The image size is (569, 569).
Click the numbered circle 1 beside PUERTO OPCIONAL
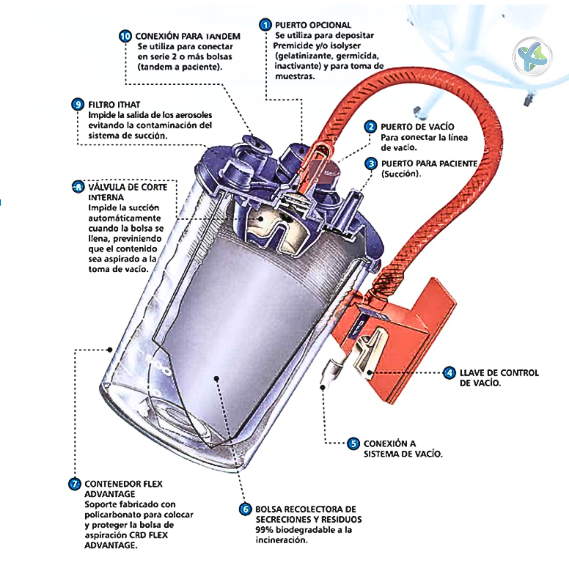[265, 25]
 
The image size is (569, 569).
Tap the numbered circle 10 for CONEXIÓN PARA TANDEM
[125, 36]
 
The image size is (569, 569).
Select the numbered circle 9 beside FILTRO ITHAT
[78, 104]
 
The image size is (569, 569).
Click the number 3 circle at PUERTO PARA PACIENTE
[371, 163]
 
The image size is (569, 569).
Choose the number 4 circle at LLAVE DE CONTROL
[449, 373]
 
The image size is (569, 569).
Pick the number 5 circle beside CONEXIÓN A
[353, 443]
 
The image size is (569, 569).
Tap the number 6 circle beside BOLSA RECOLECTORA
[245, 509]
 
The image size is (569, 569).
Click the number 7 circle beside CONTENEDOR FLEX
[74, 484]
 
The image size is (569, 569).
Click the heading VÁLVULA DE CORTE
[128, 187]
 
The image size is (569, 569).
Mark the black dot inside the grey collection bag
[216, 378]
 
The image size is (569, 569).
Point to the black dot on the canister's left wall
[110, 350]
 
